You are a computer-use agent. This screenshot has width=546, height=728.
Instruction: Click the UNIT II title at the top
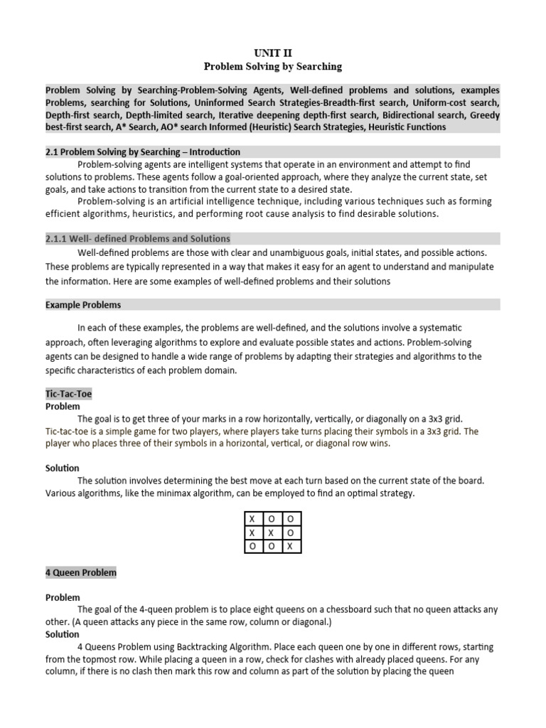(x=273, y=53)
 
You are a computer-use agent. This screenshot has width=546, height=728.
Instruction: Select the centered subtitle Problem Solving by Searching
(x=273, y=67)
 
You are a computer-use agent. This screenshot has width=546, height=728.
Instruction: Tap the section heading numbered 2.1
(x=143, y=152)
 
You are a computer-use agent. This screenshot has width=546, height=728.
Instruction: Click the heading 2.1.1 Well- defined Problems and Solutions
(x=138, y=238)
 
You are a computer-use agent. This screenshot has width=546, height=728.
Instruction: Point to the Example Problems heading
(x=83, y=305)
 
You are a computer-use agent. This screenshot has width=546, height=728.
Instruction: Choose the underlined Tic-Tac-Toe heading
(x=68, y=393)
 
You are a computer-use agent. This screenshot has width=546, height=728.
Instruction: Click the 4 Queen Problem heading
(x=81, y=572)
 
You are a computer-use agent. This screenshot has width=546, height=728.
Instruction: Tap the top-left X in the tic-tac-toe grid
(x=251, y=520)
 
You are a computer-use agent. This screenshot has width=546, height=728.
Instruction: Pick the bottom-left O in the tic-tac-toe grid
(x=251, y=545)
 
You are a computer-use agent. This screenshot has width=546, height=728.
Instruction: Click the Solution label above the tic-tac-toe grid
(x=63, y=469)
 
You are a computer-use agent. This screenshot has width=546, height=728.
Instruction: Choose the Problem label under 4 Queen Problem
(x=63, y=597)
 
